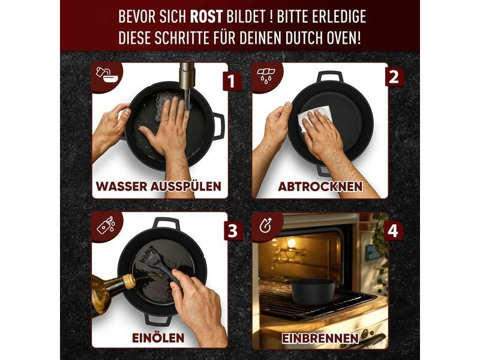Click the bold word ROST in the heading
pos(206,16)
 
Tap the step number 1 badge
pos(231,81)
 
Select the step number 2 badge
pos(394,77)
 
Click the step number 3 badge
pos(233,230)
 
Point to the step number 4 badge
pos(393,230)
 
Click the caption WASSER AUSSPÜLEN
pos(158,186)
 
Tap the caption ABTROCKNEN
pos(320,187)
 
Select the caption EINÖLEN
pos(158,338)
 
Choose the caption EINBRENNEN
pos(320,338)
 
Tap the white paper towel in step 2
pos(314,118)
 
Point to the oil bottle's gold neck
pos(130,281)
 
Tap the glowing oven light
pos(291,244)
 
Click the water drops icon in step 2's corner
pos(266,74)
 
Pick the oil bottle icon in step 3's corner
pos(106,226)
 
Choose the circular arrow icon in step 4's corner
pos(265,226)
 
